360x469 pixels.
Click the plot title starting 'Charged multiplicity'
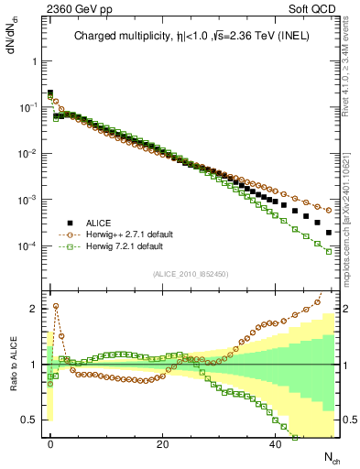click(x=191, y=38)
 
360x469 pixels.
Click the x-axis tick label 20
click(x=162, y=443)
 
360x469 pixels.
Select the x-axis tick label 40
click(x=275, y=443)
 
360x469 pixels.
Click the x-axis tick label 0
click(x=50, y=443)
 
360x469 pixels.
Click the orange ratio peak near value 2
click(x=56, y=306)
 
